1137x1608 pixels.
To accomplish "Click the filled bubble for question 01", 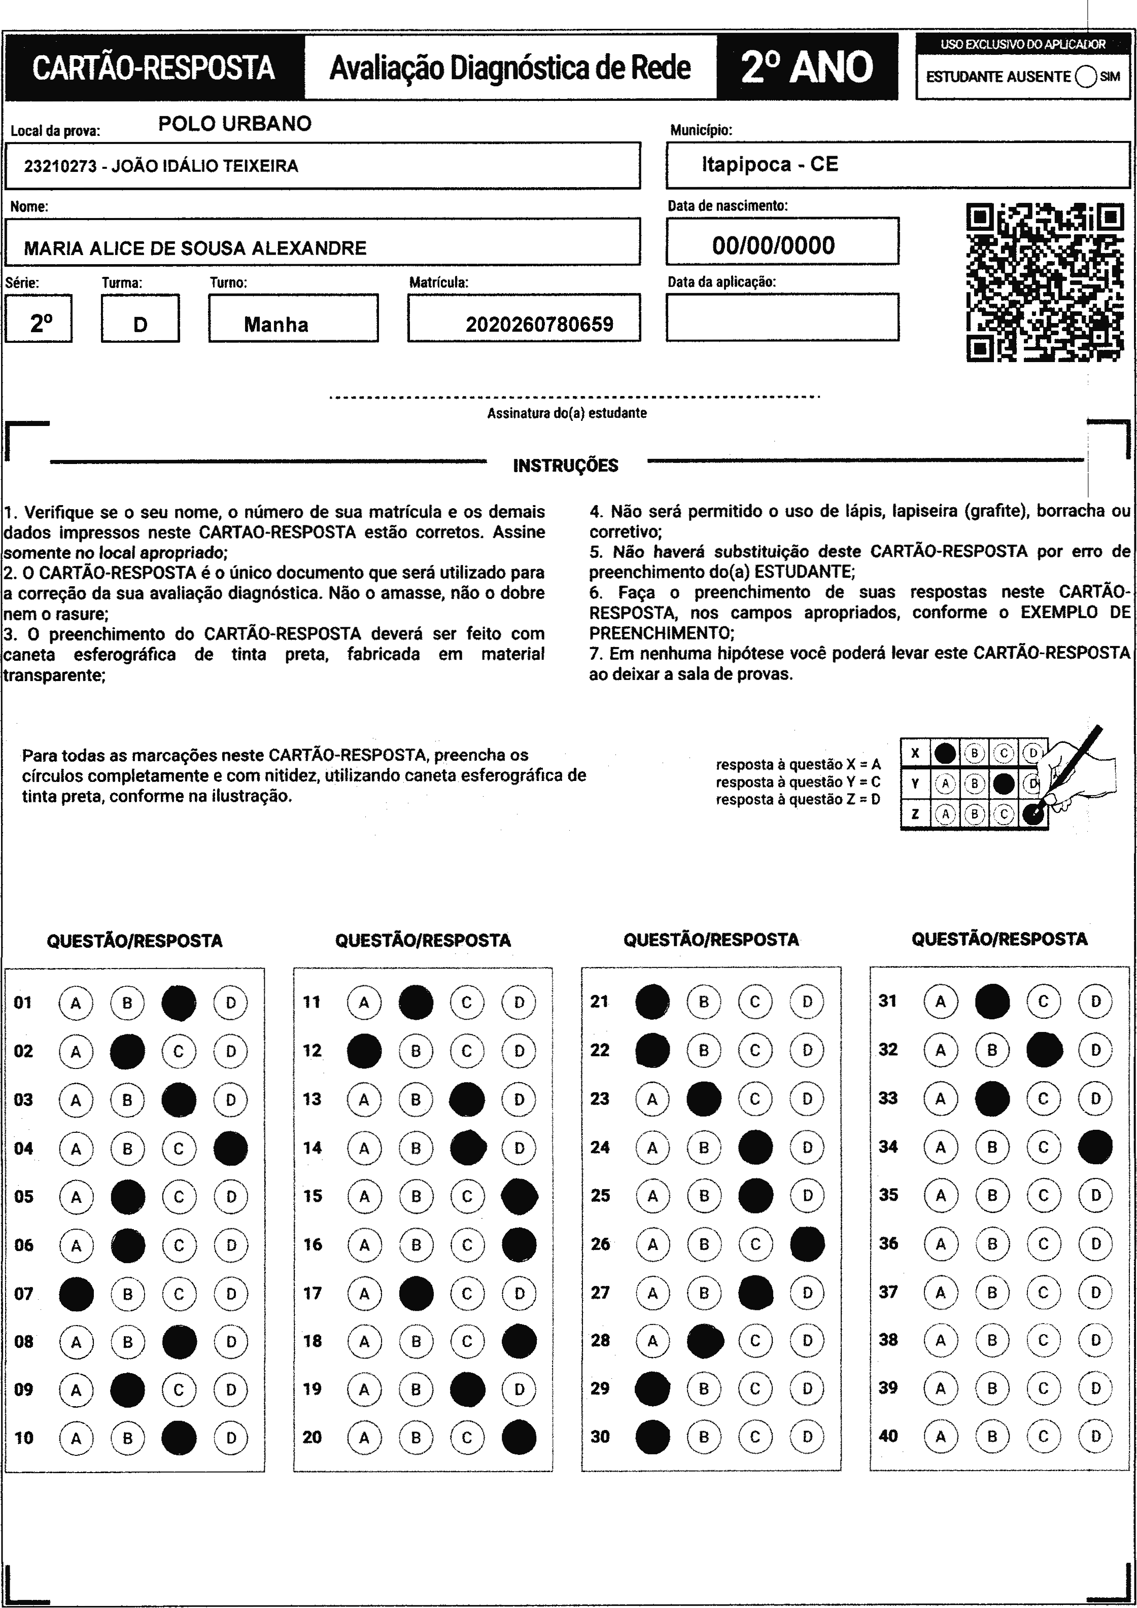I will [x=179, y=1003].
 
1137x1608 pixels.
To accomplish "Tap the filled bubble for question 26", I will [x=807, y=1244].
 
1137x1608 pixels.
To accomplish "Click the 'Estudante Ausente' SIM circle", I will [x=1085, y=77].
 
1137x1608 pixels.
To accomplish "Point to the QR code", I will [x=1045, y=282].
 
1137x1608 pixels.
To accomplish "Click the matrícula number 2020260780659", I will [x=539, y=324].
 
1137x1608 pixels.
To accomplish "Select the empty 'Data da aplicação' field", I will [x=782, y=317].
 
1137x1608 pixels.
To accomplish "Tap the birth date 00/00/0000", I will [x=773, y=245].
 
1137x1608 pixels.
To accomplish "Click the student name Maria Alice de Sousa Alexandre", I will [x=195, y=248].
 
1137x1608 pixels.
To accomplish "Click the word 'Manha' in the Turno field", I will [x=276, y=324].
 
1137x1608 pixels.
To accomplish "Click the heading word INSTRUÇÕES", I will [x=565, y=466].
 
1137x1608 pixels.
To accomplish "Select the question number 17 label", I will [x=312, y=1293].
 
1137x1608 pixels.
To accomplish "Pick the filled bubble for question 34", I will [x=1095, y=1147].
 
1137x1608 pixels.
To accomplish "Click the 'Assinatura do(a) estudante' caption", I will [x=567, y=413].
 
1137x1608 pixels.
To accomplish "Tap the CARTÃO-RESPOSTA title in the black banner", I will [x=153, y=68].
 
